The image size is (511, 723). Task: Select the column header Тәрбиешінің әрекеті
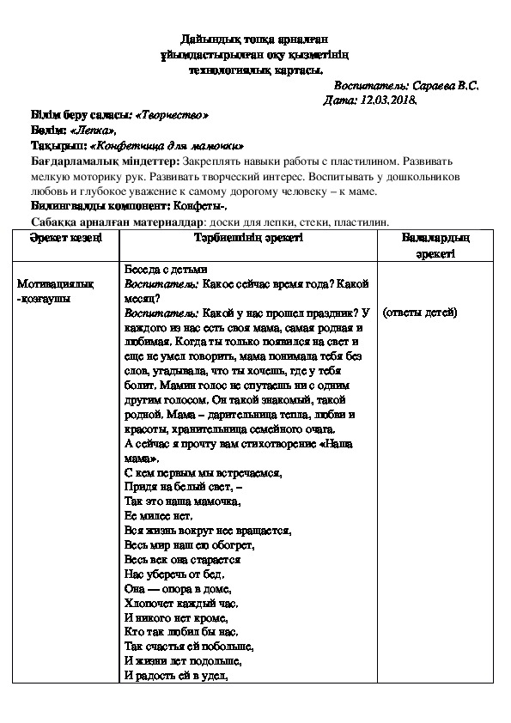click(247, 237)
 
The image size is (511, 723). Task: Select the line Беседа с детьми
click(167, 269)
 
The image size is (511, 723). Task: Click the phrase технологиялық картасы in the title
click(255, 70)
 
